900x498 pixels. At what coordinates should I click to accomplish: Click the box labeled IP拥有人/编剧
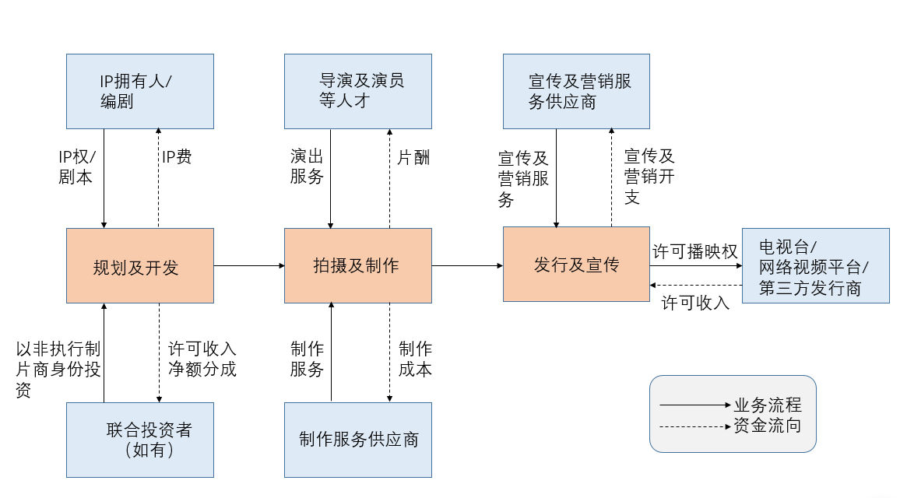click(x=139, y=91)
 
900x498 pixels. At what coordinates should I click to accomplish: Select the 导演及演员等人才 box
click(x=357, y=91)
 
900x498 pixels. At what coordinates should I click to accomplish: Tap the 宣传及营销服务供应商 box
click(x=576, y=91)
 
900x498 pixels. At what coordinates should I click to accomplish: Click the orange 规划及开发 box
click(x=139, y=266)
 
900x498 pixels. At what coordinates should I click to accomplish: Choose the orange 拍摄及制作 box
click(x=357, y=266)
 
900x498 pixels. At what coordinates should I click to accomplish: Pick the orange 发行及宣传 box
click(x=576, y=265)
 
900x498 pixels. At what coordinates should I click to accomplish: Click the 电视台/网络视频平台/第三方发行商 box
click(x=815, y=266)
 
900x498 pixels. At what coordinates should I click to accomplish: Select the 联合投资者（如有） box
click(x=139, y=440)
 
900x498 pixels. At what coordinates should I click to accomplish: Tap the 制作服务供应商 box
click(x=357, y=440)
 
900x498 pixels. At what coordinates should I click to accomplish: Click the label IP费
click(x=177, y=157)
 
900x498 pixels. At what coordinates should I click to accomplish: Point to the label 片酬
click(x=413, y=158)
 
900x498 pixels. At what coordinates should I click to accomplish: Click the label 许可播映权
click(x=694, y=251)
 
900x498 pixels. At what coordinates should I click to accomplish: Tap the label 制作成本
click(x=415, y=359)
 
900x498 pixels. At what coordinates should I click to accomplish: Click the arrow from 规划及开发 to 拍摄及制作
click(x=249, y=266)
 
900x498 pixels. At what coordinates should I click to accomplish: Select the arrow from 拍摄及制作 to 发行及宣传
click(x=467, y=266)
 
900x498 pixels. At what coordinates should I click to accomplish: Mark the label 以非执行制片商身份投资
click(x=58, y=370)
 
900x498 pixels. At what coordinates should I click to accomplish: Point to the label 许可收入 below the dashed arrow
click(x=695, y=303)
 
